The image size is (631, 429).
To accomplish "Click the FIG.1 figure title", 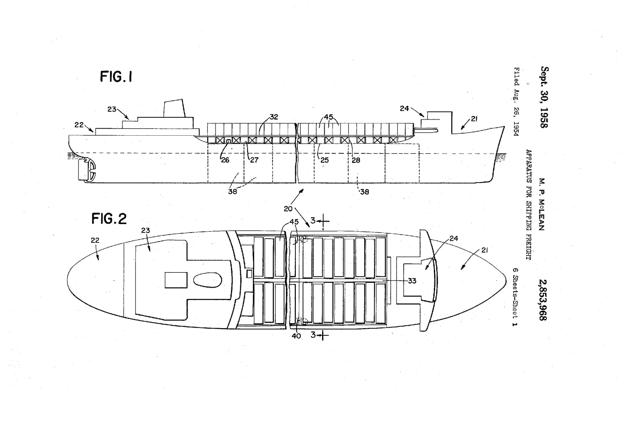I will (116, 77).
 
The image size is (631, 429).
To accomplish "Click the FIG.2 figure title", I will (109, 218).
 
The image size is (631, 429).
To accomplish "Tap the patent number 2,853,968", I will (544, 300).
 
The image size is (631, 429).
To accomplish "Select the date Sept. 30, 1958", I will (544, 97).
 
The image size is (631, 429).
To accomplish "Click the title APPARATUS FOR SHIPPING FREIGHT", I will (528, 204).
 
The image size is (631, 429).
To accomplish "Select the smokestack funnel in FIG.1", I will (174, 108).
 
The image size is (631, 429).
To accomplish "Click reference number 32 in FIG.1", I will (274, 117).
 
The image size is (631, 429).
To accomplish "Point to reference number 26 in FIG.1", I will (225, 160).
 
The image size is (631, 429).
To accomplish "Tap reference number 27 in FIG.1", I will (254, 160).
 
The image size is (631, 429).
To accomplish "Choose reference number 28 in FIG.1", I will (356, 160).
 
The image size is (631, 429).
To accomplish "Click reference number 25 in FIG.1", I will (324, 160).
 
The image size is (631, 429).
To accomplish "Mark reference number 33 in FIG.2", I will (412, 281).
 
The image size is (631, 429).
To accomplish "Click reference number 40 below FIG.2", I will (296, 336).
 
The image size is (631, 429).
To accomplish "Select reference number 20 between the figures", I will (288, 209).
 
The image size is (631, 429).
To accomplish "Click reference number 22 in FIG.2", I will (95, 240).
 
